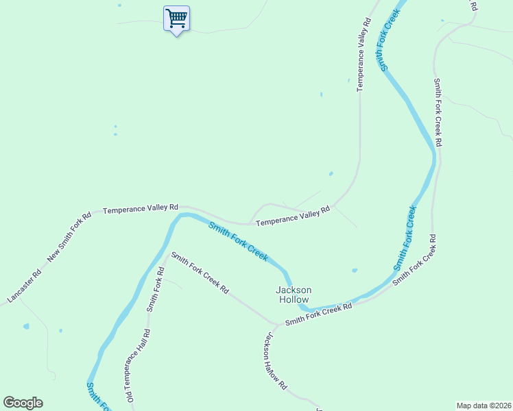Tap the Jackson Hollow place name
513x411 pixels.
point(293,295)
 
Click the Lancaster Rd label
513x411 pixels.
point(25,286)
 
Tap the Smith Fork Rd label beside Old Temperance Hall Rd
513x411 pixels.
point(155,286)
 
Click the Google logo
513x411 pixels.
point(23,403)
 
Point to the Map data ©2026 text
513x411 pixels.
point(484,405)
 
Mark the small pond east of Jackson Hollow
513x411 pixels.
point(354,270)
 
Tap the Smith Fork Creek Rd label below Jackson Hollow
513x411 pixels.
point(318,314)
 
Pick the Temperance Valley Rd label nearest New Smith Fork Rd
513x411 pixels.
point(141,208)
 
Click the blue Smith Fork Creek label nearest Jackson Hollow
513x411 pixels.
point(238,240)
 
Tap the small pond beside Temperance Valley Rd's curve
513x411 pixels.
point(331,173)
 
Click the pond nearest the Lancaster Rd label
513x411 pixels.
point(26,326)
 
